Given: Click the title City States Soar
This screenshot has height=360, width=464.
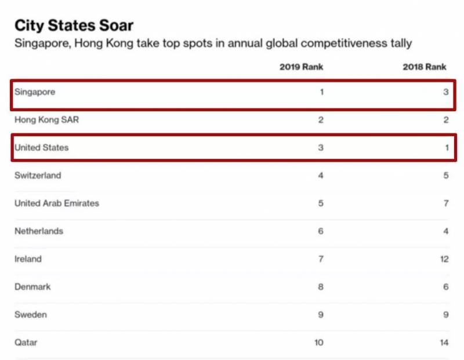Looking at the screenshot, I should [x=74, y=25].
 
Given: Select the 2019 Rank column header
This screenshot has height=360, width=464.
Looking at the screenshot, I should [x=301, y=67].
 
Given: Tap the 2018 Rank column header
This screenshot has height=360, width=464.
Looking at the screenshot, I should [x=425, y=67].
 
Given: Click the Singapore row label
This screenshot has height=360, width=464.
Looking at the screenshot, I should [x=35, y=92].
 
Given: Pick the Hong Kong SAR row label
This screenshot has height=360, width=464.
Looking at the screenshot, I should [x=46, y=120].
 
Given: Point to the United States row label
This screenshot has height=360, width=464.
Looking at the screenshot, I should [x=41, y=148].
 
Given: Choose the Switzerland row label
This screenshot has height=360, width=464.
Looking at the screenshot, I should [x=38, y=176].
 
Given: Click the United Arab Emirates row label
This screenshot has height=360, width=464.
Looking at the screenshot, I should [x=57, y=203].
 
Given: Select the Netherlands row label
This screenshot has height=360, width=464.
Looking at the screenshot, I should [x=39, y=231].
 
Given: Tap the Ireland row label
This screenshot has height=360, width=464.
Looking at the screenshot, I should [x=28, y=259].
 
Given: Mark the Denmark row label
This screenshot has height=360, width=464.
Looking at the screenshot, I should [x=32, y=287].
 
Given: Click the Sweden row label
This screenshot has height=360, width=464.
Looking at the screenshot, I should [x=31, y=315].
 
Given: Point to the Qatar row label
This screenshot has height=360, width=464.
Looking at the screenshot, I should [x=26, y=343].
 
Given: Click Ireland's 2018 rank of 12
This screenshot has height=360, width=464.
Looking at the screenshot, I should [x=444, y=259].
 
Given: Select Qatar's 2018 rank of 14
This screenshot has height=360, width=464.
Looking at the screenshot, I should [x=444, y=343].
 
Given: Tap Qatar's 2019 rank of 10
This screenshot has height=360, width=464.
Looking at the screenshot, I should [x=318, y=343].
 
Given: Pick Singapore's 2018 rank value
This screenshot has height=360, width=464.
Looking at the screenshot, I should [x=446, y=92].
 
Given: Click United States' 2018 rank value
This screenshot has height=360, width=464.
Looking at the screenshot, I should [x=447, y=148].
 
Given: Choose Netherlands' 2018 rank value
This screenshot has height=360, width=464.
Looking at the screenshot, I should [x=446, y=231].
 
